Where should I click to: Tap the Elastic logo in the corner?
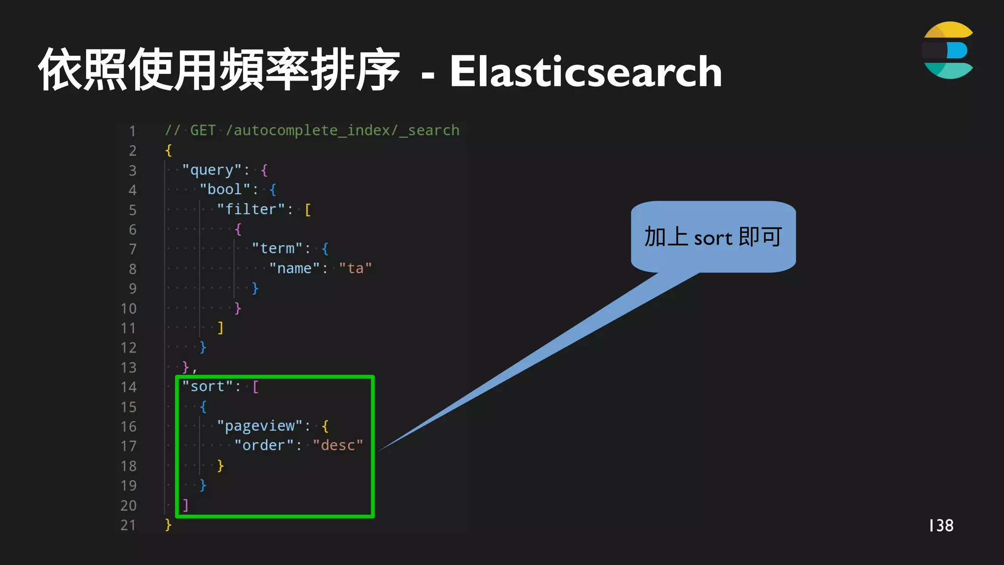click(948, 50)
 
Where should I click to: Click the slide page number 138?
click(941, 526)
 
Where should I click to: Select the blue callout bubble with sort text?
click(713, 237)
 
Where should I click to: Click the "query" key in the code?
click(212, 170)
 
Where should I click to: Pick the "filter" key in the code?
click(251, 209)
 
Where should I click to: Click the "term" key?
click(277, 249)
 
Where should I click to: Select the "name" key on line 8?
click(294, 269)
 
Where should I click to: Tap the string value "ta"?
click(355, 269)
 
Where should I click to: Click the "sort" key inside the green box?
click(207, 387)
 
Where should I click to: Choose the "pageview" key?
click(259, 426)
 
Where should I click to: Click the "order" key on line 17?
click(264, 446)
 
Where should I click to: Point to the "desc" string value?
click(338, 446)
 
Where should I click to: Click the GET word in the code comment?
click(202, 130)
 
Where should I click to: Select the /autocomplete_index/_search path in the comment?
click(343, 130)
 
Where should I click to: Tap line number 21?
click(128, 525)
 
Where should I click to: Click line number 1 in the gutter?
click(132, 131)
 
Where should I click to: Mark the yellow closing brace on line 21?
click(168, 525)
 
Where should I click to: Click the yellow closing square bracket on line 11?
click(220, 328)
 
